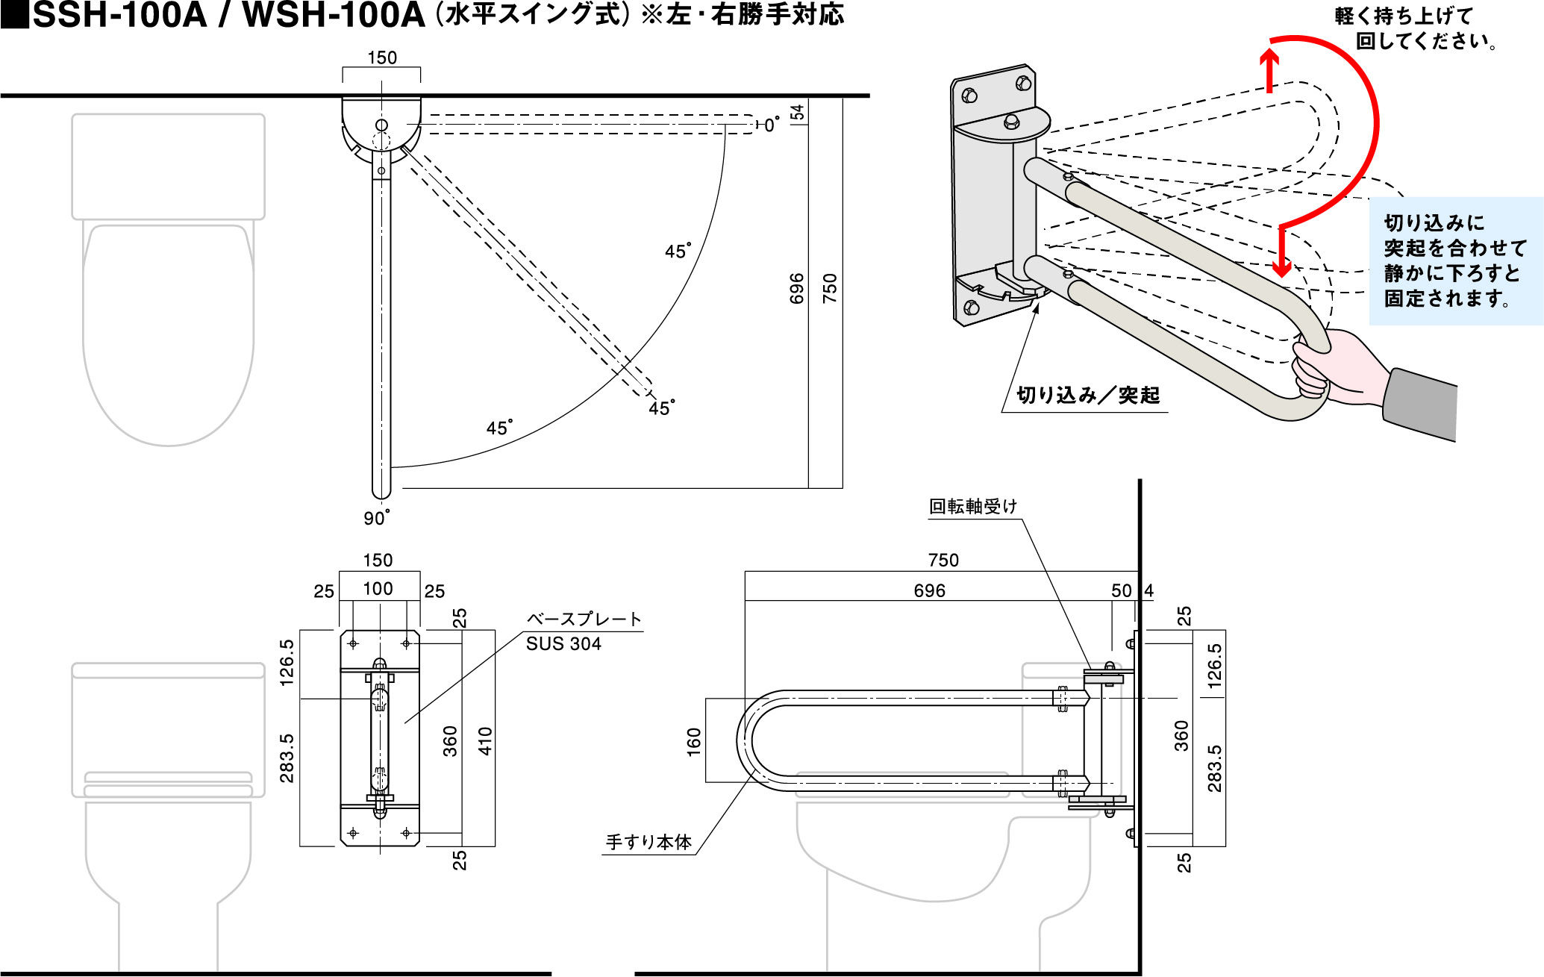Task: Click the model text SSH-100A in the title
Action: coord(119,15)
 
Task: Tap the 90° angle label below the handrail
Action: coord(376,517)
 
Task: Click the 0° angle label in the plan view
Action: coord(772,125)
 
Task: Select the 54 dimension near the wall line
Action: coord(797,112)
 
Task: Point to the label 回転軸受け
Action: coord(973,507)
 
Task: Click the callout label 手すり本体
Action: coord(648,843)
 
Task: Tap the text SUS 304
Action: coord(563,644)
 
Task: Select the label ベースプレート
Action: coord(584,619)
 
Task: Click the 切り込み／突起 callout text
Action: coord(1088,396)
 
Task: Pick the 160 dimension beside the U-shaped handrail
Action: coord(694,742)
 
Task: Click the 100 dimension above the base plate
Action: coord(378,589)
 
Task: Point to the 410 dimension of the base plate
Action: coord(485,741)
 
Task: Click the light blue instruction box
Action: coord(1455,261)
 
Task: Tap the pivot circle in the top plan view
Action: coord(381,125)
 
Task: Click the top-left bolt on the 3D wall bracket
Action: coord(970,96)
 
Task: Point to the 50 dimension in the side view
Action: coord(1121,591)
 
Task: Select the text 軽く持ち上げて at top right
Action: coord(1404,16)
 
